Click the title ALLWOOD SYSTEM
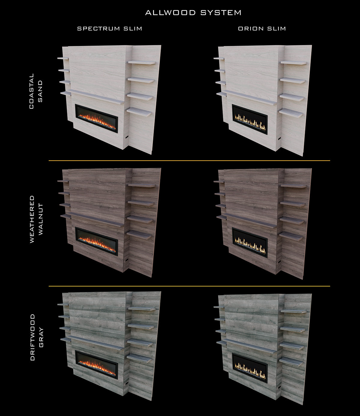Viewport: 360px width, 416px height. (x=193, y=13)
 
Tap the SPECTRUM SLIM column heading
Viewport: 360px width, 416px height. (x=109, y=29)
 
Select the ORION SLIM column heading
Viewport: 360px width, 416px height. (x=262, y=29)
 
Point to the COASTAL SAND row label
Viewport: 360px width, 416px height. (x=36, y=91)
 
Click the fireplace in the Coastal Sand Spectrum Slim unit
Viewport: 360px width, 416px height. (x=97, y=118)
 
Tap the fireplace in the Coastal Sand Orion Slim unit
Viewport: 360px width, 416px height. (x=250, y=119)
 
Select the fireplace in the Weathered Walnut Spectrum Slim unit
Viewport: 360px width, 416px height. (x=97, y=241)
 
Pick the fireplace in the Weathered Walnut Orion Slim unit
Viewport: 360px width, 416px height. (x=250, y=243)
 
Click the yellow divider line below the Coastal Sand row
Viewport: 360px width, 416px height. (x=189, y=161)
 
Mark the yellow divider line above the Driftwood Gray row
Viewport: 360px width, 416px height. (x=189, y=286)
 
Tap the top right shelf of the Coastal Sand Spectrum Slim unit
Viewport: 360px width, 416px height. (x=142, y=62)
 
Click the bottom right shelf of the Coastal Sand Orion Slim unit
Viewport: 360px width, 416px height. (x=291, y=113)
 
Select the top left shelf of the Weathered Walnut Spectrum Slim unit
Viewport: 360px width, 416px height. (x=63, y=181)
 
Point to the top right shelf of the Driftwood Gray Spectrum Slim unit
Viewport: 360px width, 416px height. (x=142, y=309)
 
